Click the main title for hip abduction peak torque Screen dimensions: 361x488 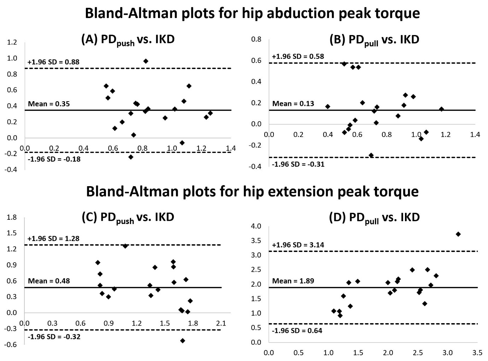252,13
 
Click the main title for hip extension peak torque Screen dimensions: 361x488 252,191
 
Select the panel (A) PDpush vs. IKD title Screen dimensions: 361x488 128,39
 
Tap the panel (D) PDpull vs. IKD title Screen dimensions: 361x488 374,217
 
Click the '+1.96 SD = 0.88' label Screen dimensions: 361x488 53,62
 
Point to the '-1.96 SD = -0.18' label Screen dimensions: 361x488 54,159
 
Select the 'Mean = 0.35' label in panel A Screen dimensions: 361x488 49,104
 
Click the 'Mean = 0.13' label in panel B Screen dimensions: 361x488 293,104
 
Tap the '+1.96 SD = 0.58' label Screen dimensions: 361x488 298,56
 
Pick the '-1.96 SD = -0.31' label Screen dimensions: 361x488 298,164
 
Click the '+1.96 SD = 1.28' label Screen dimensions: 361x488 53,239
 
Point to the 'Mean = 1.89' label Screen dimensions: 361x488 293,281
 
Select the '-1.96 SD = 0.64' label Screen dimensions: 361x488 297,331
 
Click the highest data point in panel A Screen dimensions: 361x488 146,61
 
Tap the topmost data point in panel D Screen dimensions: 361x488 458,234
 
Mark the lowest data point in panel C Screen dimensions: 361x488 183,340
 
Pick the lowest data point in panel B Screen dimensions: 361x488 371,155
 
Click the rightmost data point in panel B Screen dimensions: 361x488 441,109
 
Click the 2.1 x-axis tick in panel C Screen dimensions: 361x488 221,323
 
